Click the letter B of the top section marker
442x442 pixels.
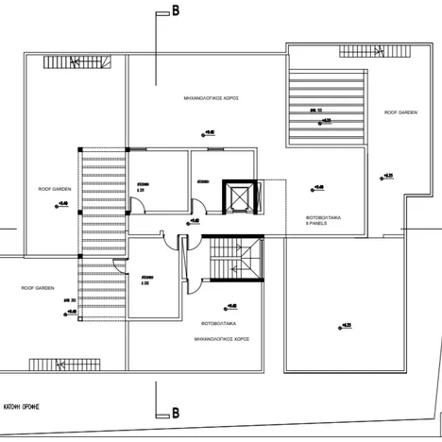tap(175, 12)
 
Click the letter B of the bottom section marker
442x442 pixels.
tap(175, 413)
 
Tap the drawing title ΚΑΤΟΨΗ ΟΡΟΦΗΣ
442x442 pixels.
tap(26, 399)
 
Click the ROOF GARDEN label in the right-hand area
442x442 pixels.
tap(400, 112)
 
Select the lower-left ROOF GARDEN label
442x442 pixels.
tap(38, 287)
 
